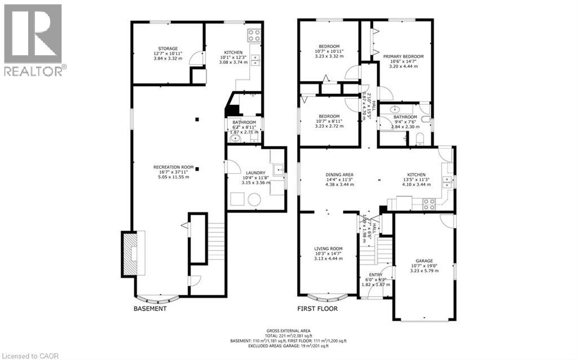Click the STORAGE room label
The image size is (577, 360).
coord(168,49)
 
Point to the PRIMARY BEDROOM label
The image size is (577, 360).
coord(403,56)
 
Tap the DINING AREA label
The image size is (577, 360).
coord(340,175)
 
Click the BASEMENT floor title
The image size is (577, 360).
coord(149,309)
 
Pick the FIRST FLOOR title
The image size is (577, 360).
coord(318,309)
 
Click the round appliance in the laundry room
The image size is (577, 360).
coord(254,199)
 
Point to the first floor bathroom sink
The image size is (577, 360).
coord(395,109)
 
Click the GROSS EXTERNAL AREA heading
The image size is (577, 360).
coord(288,330)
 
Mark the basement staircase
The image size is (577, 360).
coord(216,243)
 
